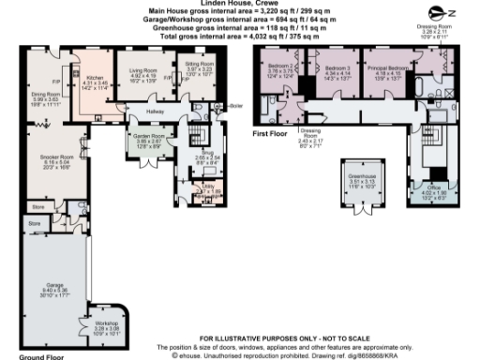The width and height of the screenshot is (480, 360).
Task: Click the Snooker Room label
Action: point(44,157)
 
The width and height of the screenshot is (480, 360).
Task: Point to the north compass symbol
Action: point(452,12)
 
